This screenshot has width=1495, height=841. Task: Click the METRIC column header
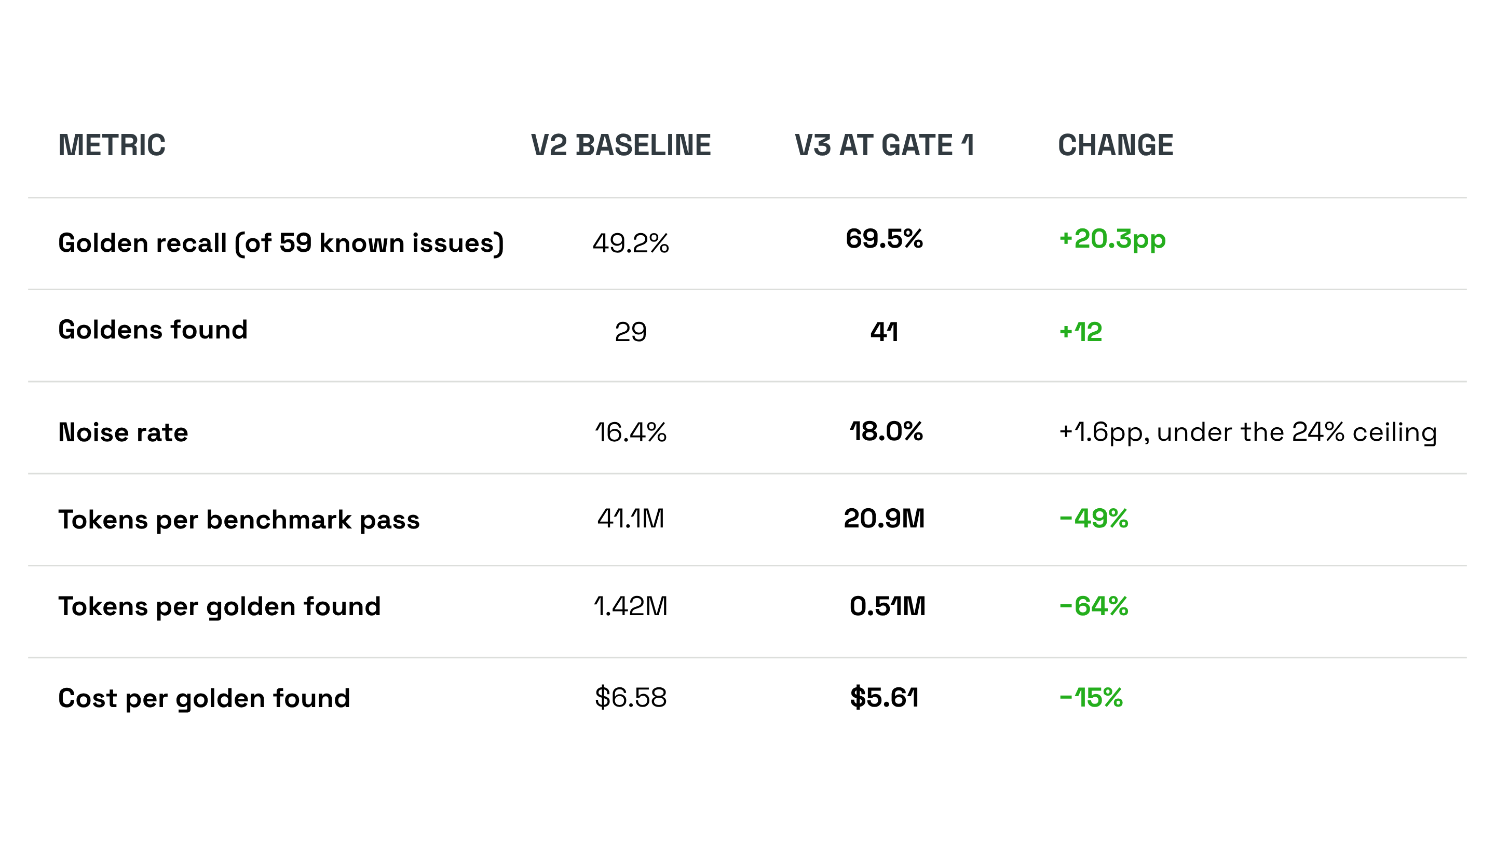(x=112, y=145)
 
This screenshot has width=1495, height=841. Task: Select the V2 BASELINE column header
(x=621, y=145)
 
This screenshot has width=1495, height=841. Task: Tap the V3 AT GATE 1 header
(x=884, y=145)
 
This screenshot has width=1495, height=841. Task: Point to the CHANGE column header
(x=1116, y=145)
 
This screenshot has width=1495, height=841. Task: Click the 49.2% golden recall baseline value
(x=631, y=243)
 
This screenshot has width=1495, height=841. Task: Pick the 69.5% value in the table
(x=884, y=239)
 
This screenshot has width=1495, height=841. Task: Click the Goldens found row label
(x=153, y=330)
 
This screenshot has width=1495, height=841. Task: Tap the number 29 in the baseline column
(x=631, y=332)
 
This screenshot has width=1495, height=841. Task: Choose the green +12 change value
(x=1081, y=332)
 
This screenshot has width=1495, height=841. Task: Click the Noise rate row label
(x=123, y=433)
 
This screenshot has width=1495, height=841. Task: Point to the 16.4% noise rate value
(x=631, y=432)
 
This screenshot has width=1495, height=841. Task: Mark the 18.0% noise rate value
(x=886, y=431)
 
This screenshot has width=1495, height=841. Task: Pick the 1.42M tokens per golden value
(x=631, y=606)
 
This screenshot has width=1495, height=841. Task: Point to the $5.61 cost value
(x=884, y=697)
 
